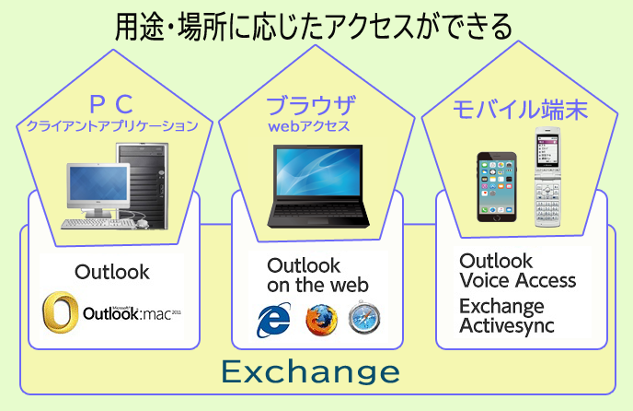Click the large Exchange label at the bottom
[310, 372]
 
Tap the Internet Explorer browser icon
[273, 320]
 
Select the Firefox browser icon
[321, 320]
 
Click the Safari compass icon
[364, 318]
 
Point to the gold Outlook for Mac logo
[60, 311]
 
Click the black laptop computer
[318, 185]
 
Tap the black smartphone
[497, 187]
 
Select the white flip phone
[547, 177]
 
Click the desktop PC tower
[143, 185]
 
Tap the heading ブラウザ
[311, 105]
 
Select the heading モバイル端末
[520, 110]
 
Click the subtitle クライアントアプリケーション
[112, 126]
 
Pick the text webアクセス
[309, 126]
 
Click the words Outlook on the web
[317, 276]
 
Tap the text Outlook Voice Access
[518, 270]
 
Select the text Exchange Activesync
[507, 316]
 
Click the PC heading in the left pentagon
[111, 104]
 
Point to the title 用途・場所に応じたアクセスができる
[314, 27]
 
